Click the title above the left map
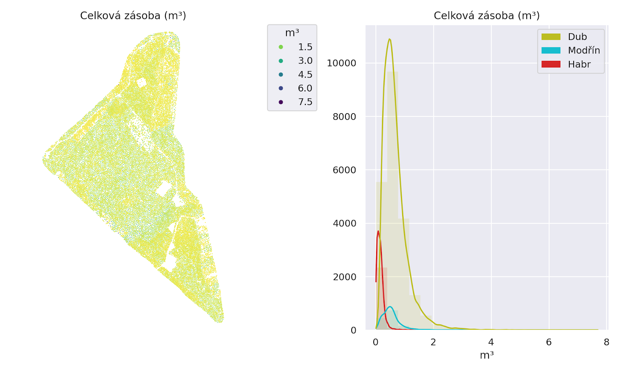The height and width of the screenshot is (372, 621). pos(133,15)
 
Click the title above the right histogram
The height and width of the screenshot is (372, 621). pos(486,15)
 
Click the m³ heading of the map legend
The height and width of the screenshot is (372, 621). pos(292,33)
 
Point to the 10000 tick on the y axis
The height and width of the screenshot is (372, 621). pos(341,63)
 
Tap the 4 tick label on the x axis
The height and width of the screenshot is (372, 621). pos(491,342)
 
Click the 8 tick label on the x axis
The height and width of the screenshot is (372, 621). pos(606,342)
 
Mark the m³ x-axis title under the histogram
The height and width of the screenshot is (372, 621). pos(487,355)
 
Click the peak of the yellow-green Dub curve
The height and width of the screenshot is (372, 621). pos(389,39)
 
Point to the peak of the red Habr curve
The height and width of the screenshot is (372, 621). pos(378,231)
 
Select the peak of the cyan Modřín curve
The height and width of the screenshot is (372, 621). pos(390,307)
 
